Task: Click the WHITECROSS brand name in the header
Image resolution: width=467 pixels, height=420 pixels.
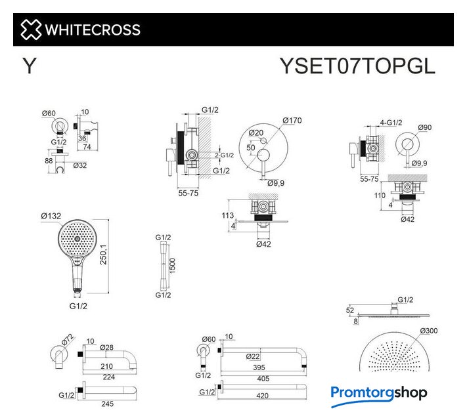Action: pyautogui.click(x=93, y=30)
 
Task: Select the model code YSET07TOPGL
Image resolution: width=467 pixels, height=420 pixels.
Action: pyautogui.click(x=357, y=66)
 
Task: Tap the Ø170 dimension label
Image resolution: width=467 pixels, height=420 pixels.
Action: pyautogui.click(x=292, y=121)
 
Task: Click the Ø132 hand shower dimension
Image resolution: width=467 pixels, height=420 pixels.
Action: pyautogui.click(x=51, y=216)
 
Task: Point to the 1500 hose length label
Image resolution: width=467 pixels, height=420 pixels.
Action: pyautogui.click(x=172, y=266)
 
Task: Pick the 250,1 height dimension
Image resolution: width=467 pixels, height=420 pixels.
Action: pyautogui.click(x=103, y=255)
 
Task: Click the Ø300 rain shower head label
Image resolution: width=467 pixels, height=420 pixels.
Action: pyautogui.click(x=429, y=331)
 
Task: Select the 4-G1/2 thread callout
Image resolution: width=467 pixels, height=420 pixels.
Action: pyautogui.click(x=391, y=123)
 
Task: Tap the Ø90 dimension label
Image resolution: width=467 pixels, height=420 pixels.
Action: pyautogui.click(x=425, y=127)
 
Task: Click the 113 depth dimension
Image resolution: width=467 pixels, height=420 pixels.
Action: pyautogui.click(x=227, y=215)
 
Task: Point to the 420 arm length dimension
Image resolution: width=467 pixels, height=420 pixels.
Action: pyautogui.click(x=262, y=396)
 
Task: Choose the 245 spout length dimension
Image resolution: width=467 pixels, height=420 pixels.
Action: pyautogui.click(x=107, y=404)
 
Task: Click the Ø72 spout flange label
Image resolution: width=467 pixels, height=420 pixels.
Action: pyautogui.click(x=68, y=340)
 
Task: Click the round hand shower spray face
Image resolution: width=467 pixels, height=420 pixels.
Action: pyautogui.click(x=78, y=239)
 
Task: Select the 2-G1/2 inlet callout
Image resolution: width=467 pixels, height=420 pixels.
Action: pyautogui.click(x=224, y=155)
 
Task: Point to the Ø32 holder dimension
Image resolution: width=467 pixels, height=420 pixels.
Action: pyautogui.click(x=80, y=165)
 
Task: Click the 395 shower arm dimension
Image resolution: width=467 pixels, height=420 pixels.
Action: pyautogui.click(x=259, y=367)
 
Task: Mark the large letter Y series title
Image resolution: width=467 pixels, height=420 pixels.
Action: pyautogui.click(x=30, y=66)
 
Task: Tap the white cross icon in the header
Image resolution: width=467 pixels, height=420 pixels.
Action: pyautogui.click(x=31, y=30)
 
